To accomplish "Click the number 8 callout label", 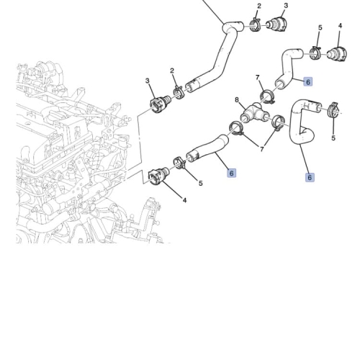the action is pos(237,99).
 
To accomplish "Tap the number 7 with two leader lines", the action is pos(262,149).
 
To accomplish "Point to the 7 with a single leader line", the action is pos(258,78).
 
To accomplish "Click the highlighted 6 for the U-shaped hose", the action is pos(310,177).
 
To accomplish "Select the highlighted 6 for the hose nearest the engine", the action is pos(231,173).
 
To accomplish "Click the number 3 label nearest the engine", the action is pos(148,81).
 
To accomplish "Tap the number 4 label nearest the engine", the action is pos(184,200).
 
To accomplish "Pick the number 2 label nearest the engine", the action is pos(172,71).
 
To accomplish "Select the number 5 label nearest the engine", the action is pos(201,184).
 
